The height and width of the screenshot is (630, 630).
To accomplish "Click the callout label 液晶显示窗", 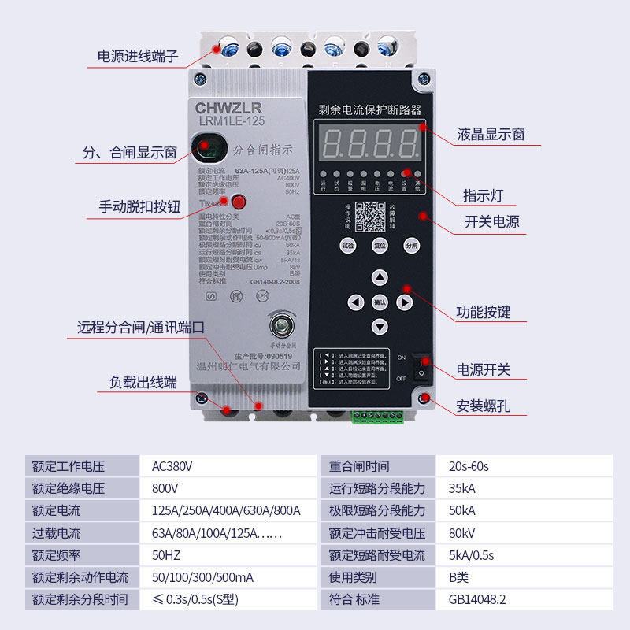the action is click(491, 135).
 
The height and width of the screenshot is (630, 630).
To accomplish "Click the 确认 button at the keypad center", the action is click(380, 302).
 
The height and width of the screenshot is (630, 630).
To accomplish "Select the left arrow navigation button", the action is click(355, 302).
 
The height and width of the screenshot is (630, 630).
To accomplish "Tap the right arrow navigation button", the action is click(404, 302).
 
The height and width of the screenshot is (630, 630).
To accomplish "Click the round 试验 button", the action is click(348, 245).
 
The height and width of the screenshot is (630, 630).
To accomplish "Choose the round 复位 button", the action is click(380, 245).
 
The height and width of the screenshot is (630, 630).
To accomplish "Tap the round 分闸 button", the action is click(410, 245).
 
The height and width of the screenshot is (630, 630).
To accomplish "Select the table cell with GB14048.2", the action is click(477, 599).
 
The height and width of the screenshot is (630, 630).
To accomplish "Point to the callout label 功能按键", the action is click(484, 313).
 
